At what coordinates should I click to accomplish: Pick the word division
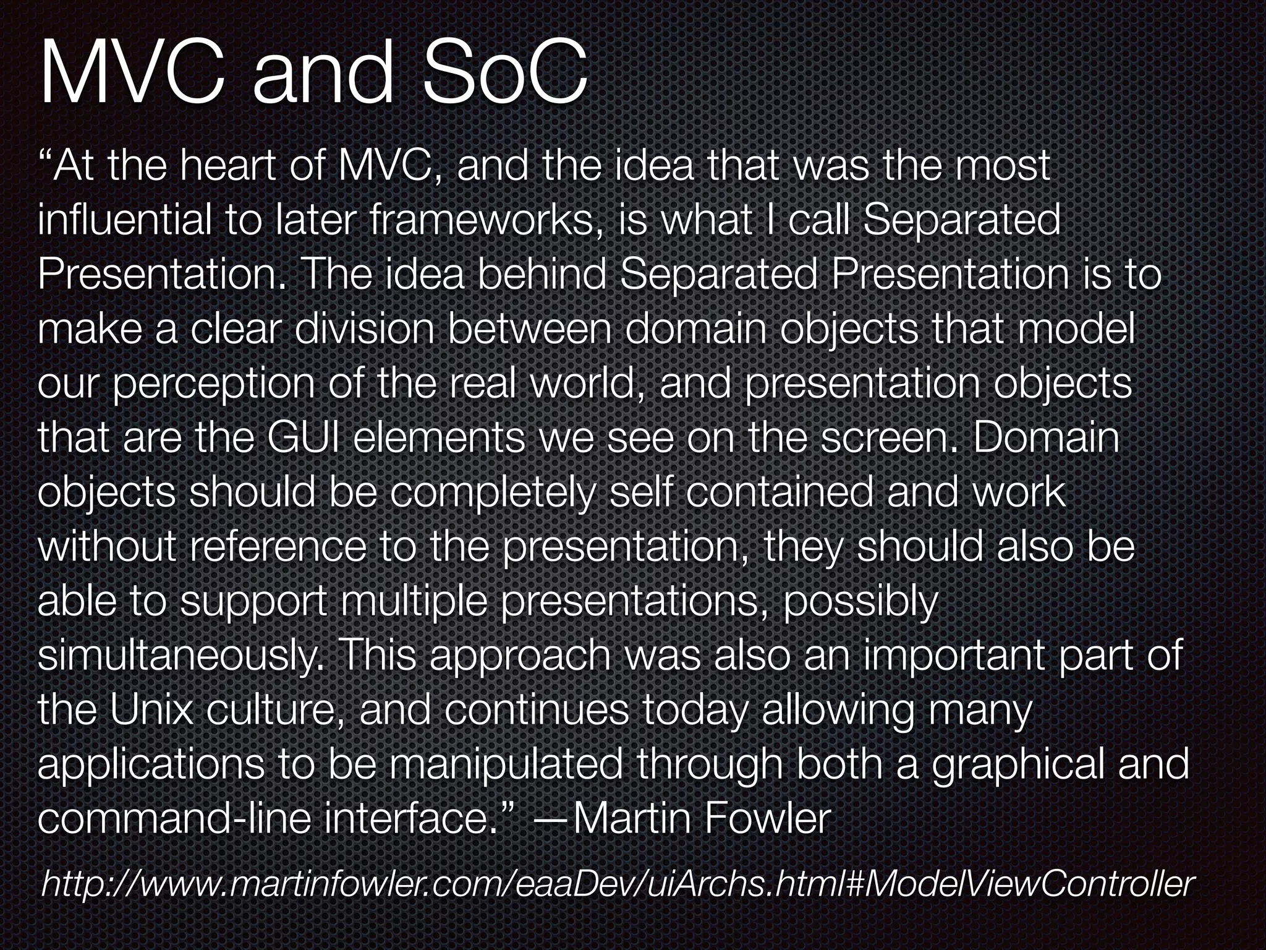pos(364,329)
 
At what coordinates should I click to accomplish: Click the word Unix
pos(152,710)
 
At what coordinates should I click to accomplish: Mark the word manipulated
pos(506,764)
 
